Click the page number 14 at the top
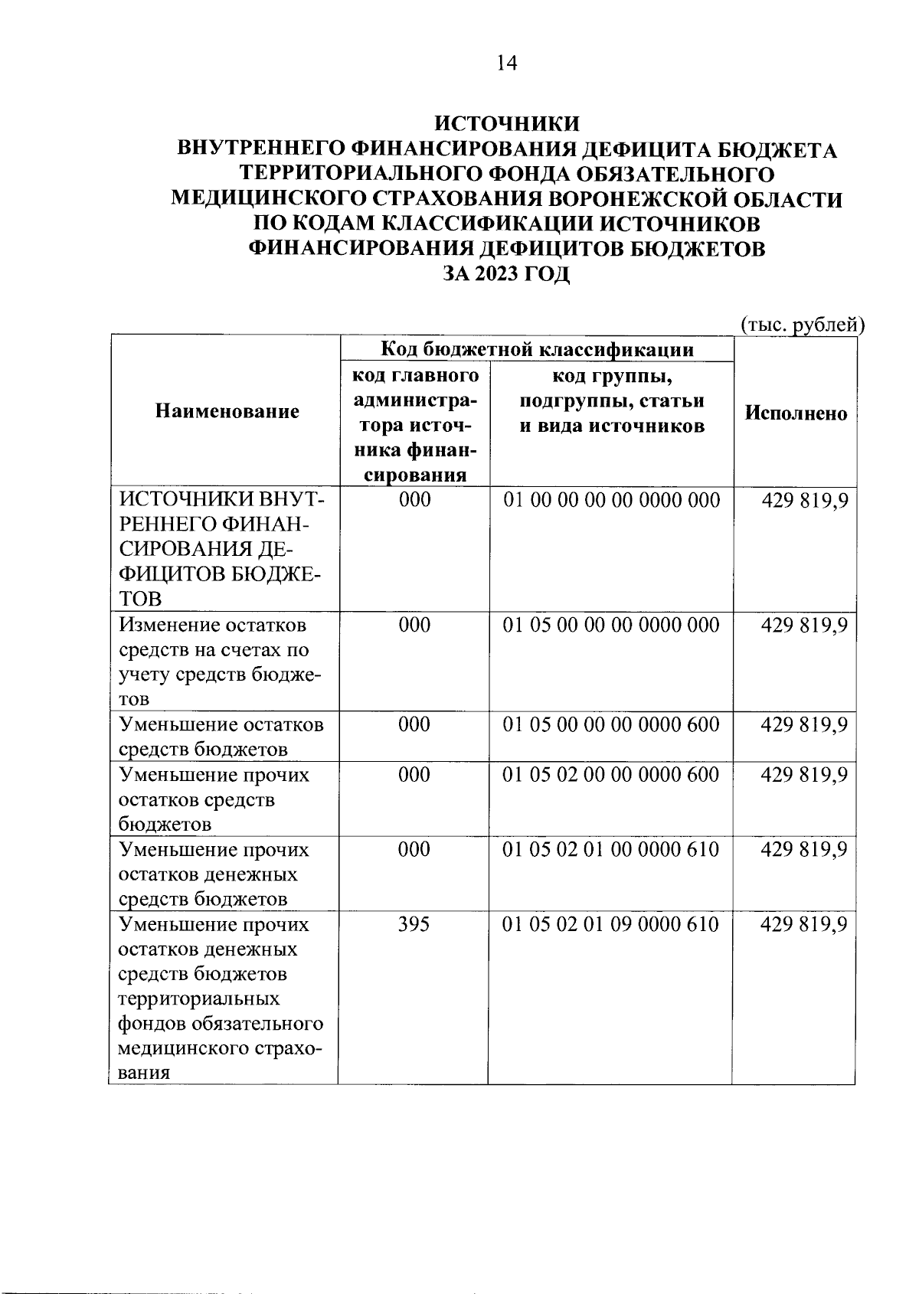click(x=506, y=63)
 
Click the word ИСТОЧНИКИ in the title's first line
click(x=506, y=123)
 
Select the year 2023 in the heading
click(x=495, y=273)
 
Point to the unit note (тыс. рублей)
click(x=802, y=325)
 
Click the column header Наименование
click(x=227, y=412)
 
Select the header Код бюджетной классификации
click(x=537, y=350)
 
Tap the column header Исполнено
click(x=796, y=413)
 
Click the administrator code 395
click(x=414, y=924)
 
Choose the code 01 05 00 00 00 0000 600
click(x=611, y=724)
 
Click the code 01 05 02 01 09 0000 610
click(x=611, y=924)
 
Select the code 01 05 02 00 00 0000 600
click(x=611, y=774)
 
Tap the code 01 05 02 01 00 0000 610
click(x=611, y=849)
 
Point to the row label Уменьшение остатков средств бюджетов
click(x=221, y=736)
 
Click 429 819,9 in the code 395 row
click(x=803, y=924)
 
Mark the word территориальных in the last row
click(x=199, y=998)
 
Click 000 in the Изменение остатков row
click(x=414, y=625)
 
